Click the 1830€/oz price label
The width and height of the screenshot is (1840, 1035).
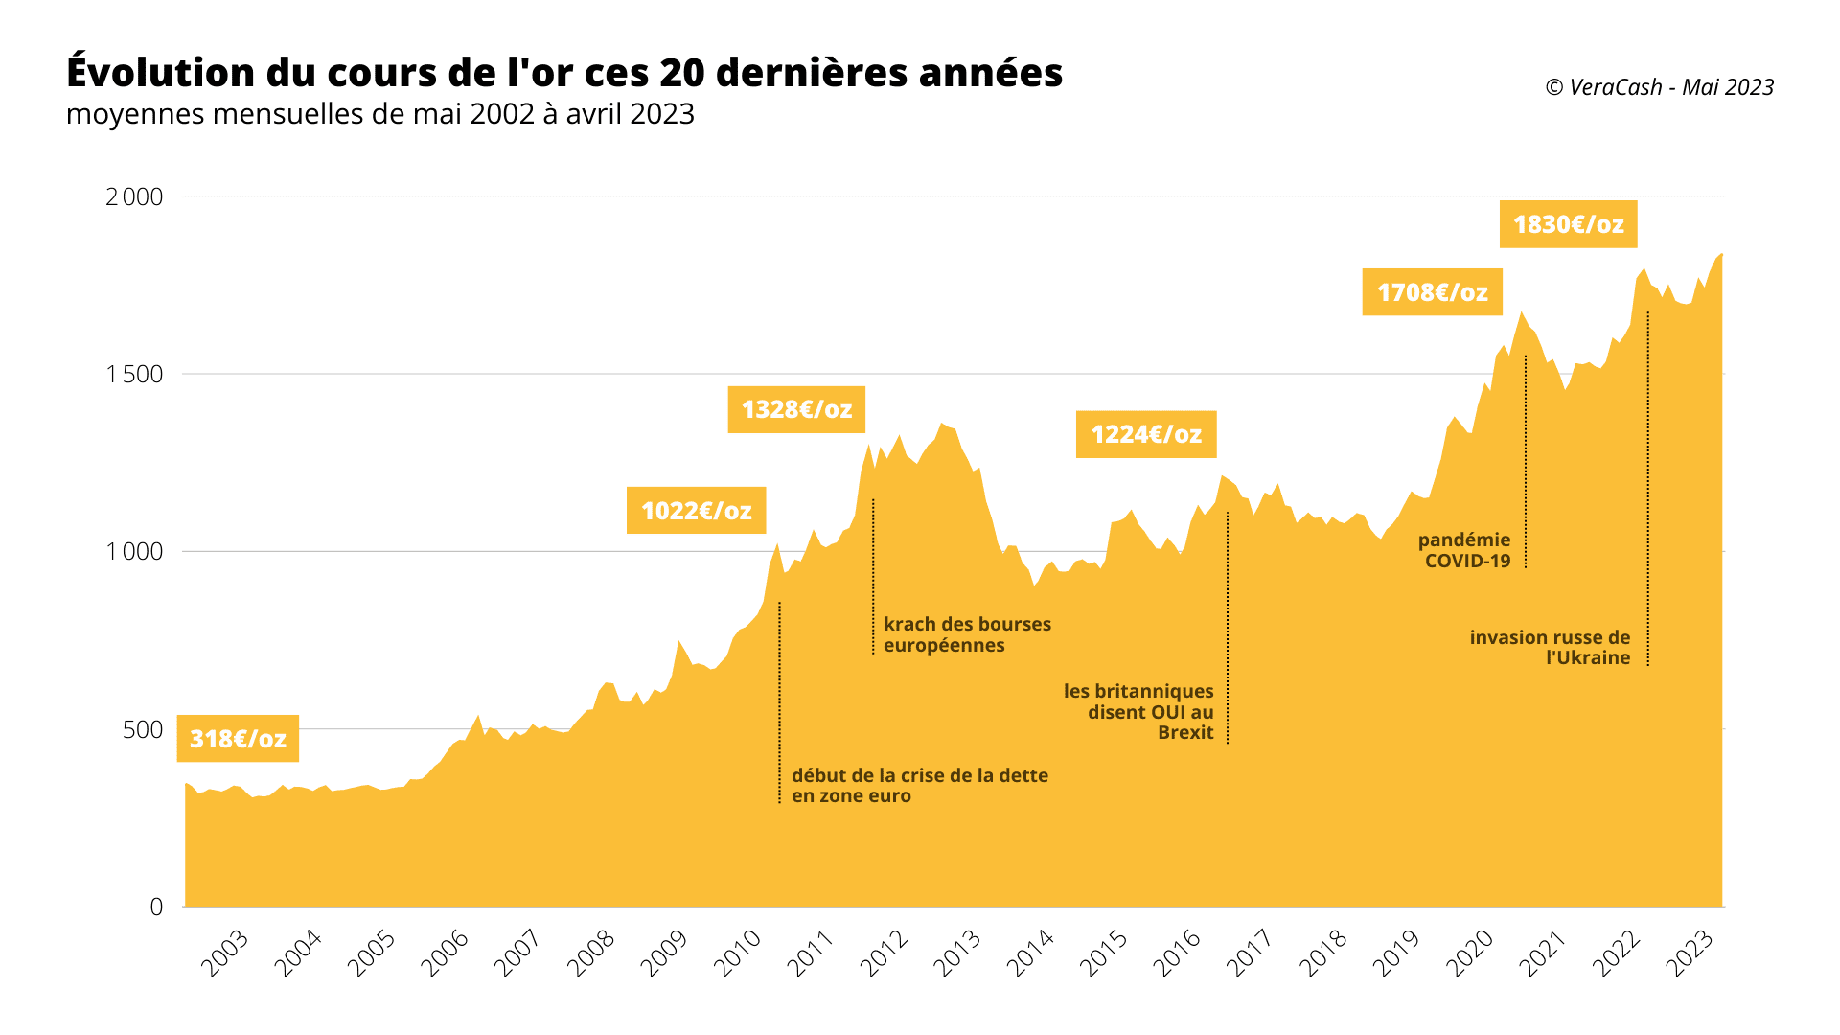pyautogui.click(x=1568, y=224)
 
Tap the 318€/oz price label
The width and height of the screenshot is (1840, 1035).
pyautogui.click(x=238, y=739)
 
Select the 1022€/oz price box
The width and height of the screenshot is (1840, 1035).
pyautogui.click(x=696, y=511)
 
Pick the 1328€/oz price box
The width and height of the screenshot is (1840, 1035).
pyautogui.click(x=796, y=410)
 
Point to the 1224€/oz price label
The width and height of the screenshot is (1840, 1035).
pyautogui.click(x=1146, y=435)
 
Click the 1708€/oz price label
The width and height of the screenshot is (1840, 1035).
pyautogui.click(x=1432, y=292)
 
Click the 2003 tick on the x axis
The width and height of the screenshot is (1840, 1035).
pyautogui.click(x=225, y=953)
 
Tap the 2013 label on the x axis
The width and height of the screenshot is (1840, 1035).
pyautogui.click(x=957, y=953)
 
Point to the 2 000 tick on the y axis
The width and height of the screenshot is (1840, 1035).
pyautogui.click(x=134, y=196)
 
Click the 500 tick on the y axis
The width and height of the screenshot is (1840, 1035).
pyautogui.click(x=143, y=729)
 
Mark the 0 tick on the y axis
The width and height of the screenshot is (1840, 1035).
pyautogui.click(x=156, y=907)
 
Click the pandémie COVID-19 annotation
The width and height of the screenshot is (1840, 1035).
pyautogui.click(x=1464, y=551)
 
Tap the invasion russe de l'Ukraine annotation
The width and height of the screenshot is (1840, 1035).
pyautogui.click(x=1550, y=648)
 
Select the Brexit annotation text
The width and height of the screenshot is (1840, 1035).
pyautogui.click(x=1139, y=712)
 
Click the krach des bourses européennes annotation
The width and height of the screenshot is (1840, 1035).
pyautogui.click(x=966, y=634)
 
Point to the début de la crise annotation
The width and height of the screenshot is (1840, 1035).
pyautogui.click(x=918, y=786)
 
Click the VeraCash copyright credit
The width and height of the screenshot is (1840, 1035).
pyautogui.click(x=1659, y=87)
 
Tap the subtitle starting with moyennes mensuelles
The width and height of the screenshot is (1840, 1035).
pyautogui.click(x=379, y=114)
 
